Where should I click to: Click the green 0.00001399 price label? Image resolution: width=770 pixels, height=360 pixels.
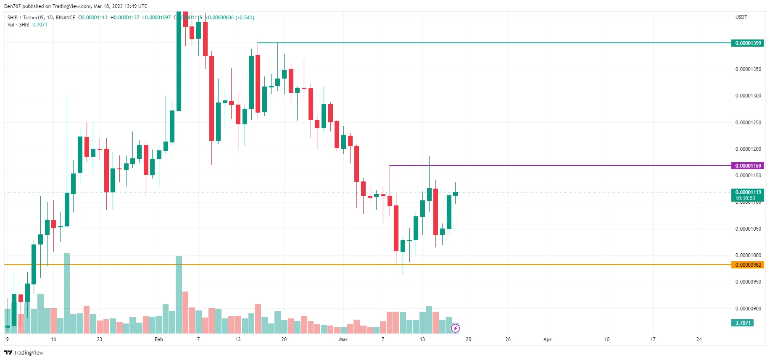coord(748,43)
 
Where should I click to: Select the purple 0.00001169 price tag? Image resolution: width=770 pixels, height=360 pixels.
coord(748,166)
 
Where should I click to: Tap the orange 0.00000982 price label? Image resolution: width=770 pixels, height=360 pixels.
coord(748,265)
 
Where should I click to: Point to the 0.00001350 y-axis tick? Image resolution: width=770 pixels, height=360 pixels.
coord(748,69)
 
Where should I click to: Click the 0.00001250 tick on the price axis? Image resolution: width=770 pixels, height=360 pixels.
coord(748,123)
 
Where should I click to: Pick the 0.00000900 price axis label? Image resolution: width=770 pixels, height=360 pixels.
coord(748,309)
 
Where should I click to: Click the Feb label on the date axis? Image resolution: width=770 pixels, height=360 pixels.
coord(159,339)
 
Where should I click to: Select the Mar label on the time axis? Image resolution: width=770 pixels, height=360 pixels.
coord(343,339)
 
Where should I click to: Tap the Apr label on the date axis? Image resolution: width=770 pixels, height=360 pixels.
coord(547,339)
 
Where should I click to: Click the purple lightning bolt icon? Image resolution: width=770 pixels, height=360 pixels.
coord(455,328)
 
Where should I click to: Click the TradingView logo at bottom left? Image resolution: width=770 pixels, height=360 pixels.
coord(24,352)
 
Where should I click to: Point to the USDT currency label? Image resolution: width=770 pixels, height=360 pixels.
coord(741,17)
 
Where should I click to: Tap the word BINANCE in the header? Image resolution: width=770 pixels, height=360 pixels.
coord(66,18)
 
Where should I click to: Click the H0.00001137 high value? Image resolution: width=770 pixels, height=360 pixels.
coord(125,18)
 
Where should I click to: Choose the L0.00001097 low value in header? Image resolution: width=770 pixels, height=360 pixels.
coord(156,18)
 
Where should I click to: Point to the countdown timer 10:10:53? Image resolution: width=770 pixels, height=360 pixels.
coord(745,198)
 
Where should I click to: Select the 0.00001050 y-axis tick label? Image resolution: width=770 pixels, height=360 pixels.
coord(748,229)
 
